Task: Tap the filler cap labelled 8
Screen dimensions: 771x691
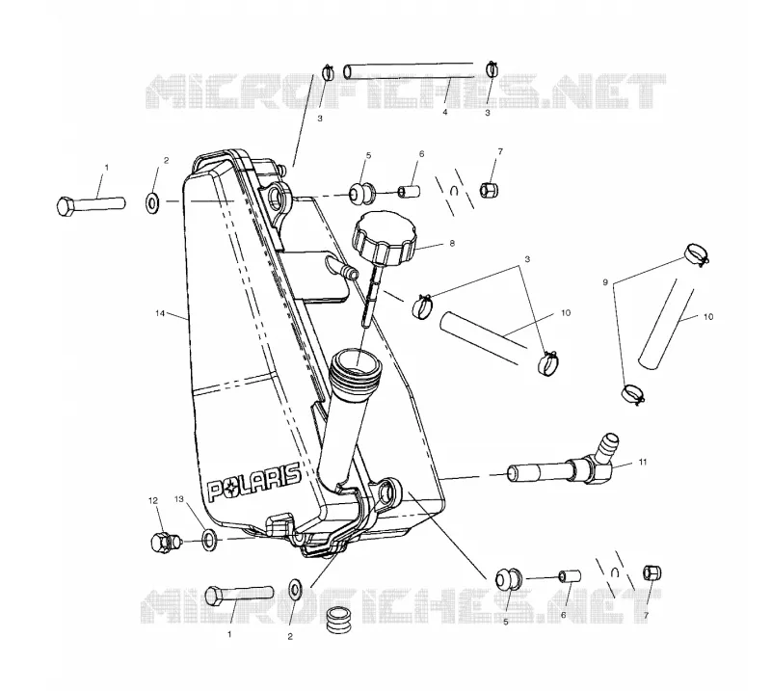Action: coord(384,239)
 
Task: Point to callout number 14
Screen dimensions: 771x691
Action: coord(160,313)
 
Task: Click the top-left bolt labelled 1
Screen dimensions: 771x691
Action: coord(91,203)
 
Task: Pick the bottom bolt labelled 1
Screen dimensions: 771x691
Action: coord(239,594)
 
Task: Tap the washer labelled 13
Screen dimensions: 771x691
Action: coord(209,539)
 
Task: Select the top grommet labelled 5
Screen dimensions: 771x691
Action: coord(361,193)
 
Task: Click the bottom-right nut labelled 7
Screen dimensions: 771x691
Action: coord(652,572)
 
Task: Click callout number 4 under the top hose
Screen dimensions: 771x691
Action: coord(445,112)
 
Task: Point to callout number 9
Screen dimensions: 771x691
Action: coord(605,282)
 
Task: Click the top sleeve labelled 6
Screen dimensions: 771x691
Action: coord(409,191)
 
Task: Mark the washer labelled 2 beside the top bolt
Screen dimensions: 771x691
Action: coord(151,202)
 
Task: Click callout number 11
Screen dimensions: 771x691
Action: coord(643,462)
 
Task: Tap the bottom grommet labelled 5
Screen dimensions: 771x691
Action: coord(508,579)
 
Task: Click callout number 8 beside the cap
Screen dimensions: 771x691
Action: coord(452,243)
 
